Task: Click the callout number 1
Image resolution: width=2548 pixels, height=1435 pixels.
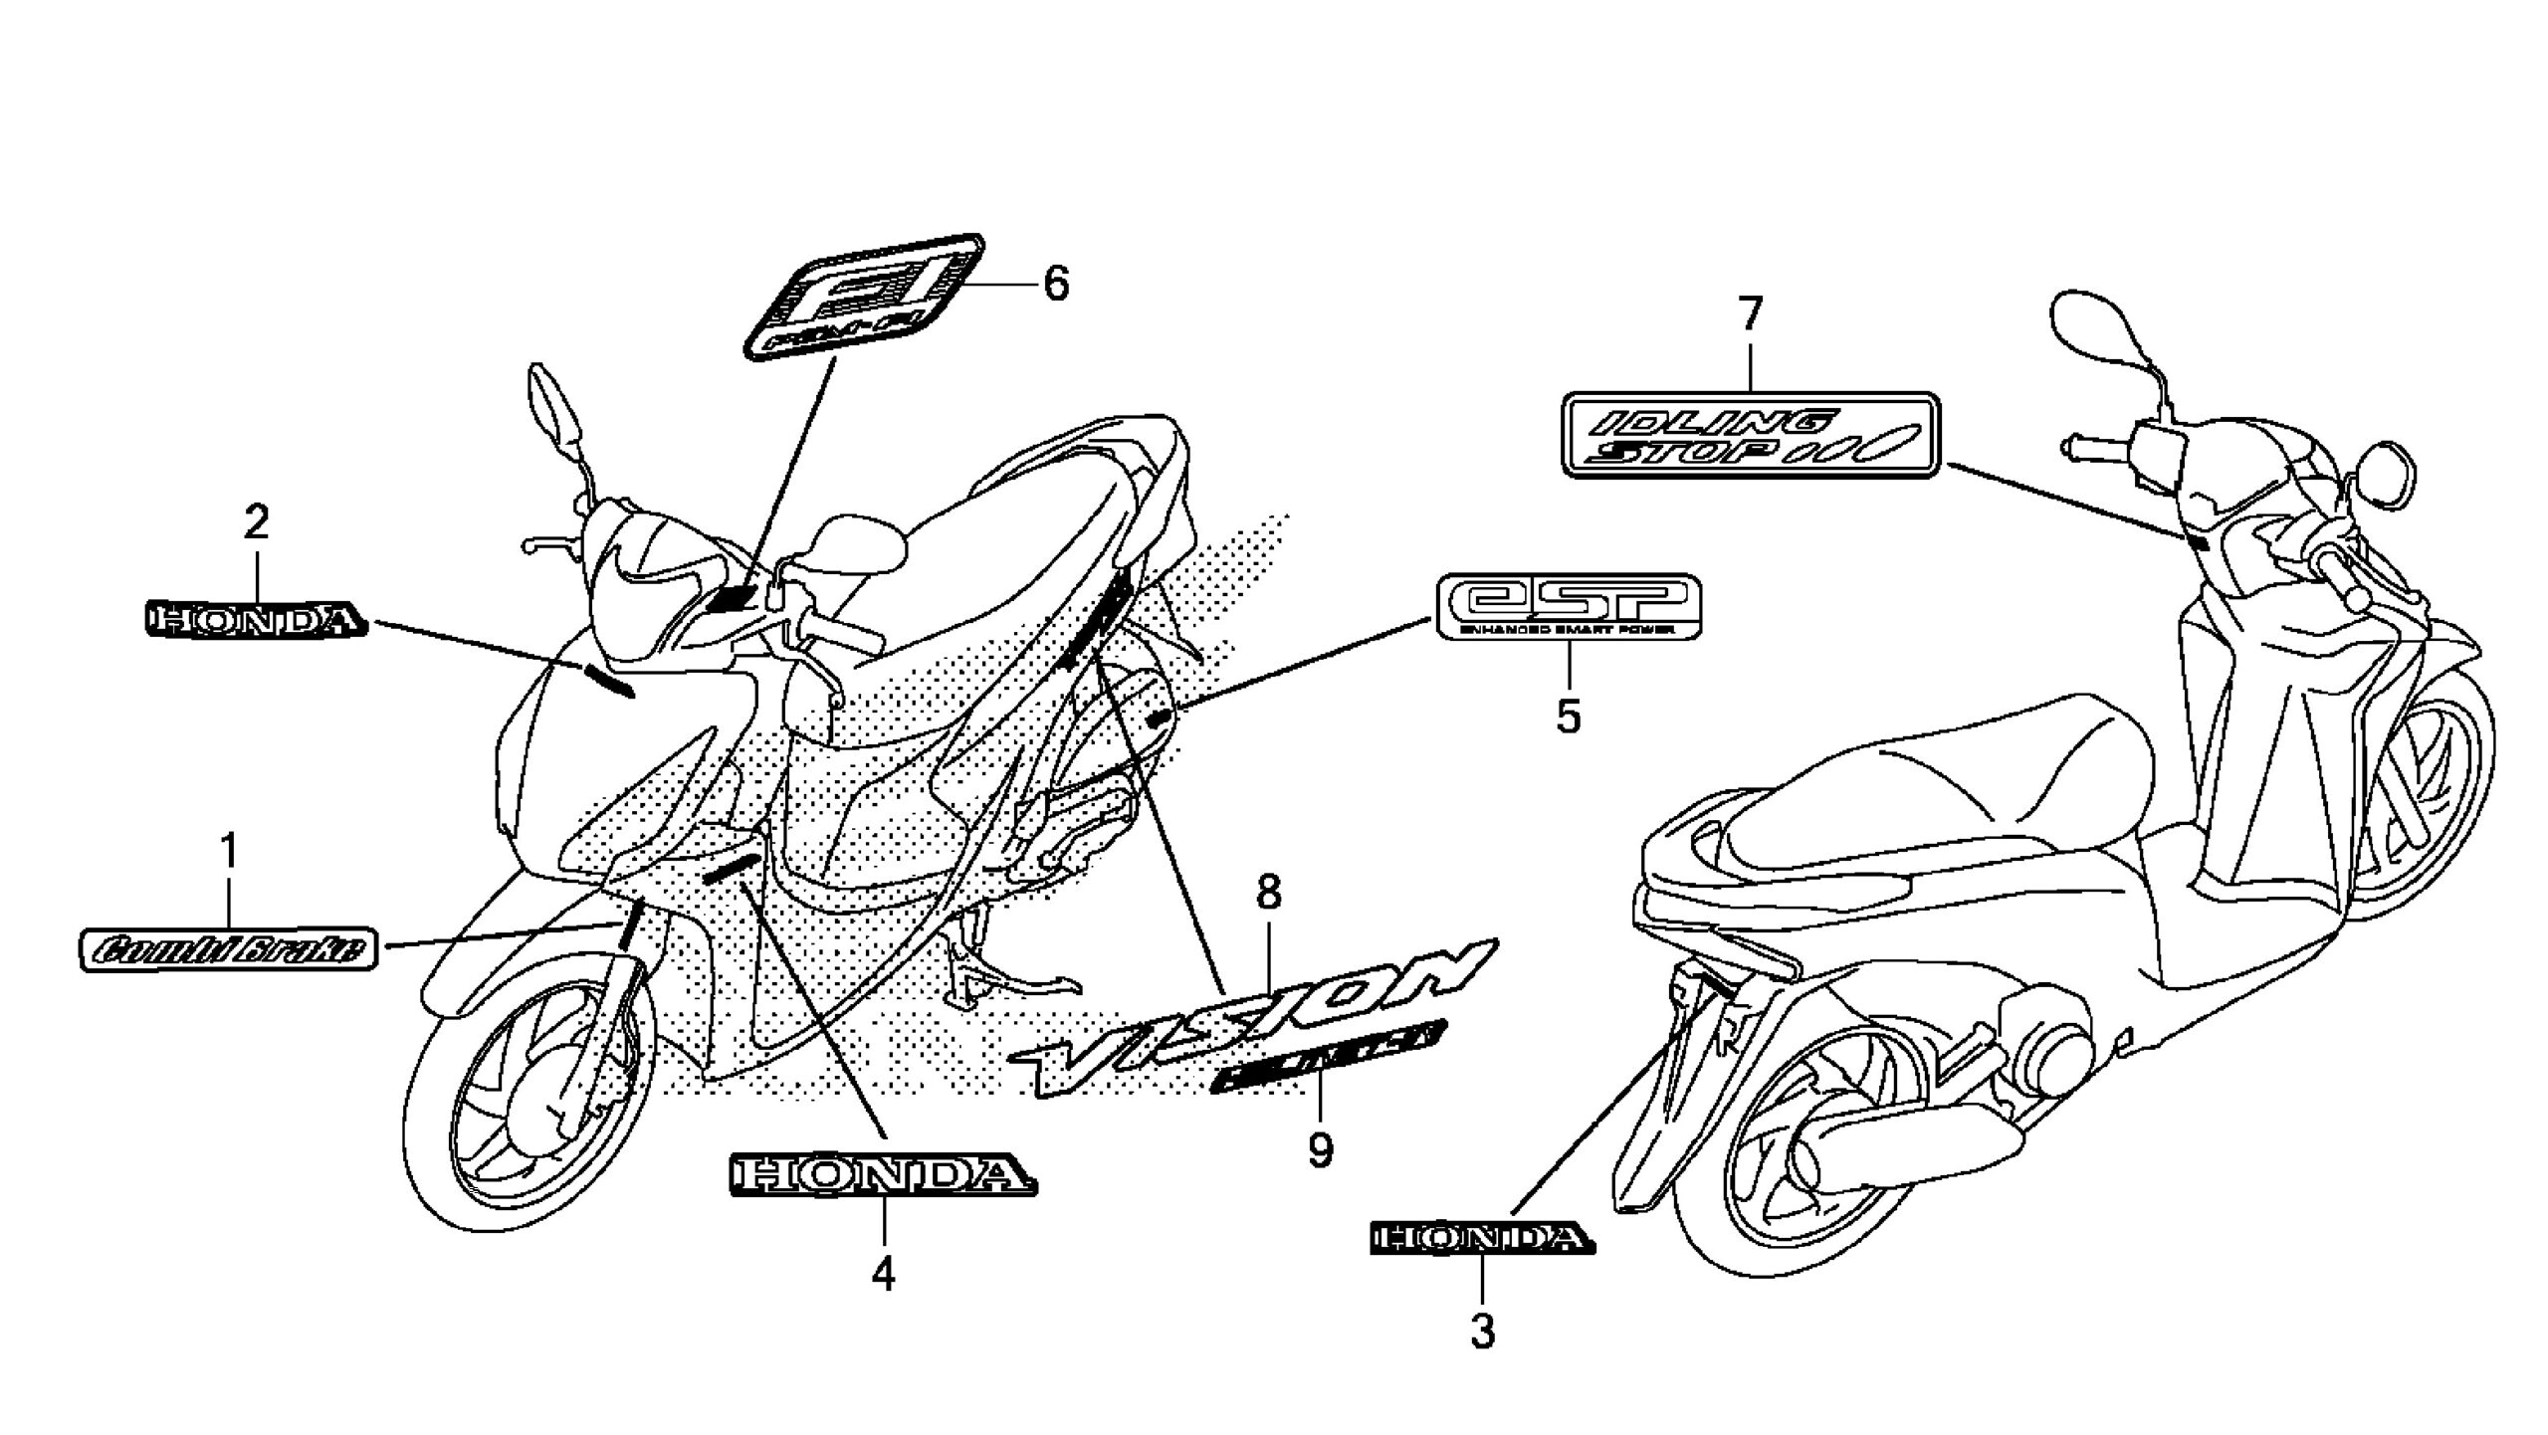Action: [230, 853]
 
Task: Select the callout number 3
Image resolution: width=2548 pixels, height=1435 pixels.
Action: [1483, 1331]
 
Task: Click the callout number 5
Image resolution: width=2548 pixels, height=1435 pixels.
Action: [1569, 715]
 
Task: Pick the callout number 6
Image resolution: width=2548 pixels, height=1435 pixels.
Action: [1055, 285]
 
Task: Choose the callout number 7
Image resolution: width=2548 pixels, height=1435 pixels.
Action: [1749, 315]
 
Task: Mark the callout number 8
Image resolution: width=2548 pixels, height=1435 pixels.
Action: [1268, 894]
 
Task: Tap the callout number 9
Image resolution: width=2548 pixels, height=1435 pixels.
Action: [1320, 1151]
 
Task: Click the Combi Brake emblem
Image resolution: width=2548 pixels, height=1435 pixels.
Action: [228, 950]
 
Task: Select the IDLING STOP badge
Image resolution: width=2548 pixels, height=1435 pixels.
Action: [1751, 436]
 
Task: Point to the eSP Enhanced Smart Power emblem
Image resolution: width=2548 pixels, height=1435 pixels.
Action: [1569, 607]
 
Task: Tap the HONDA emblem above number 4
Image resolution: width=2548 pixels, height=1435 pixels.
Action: [883, 1175]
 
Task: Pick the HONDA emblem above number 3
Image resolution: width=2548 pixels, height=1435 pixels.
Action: [1480, 1239]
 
